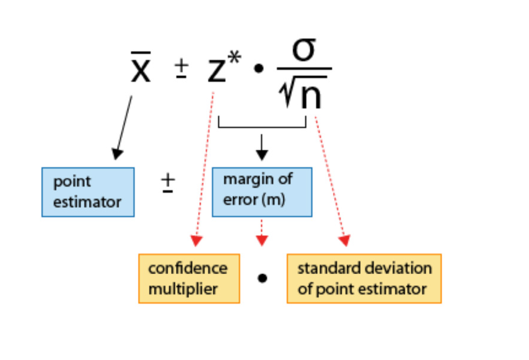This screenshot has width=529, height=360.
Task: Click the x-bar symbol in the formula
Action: coord(141,67)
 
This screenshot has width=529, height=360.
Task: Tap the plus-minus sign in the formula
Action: coord(181,68)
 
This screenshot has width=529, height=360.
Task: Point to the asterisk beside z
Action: coord(234,57)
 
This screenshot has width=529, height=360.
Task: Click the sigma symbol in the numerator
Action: coord(304,50)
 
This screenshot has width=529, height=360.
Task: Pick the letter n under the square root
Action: coord(311,96)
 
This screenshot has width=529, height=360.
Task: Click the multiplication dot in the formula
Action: coord(259,68)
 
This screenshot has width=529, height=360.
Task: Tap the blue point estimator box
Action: coord(88,192)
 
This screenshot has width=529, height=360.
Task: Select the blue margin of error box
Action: coord(262,192)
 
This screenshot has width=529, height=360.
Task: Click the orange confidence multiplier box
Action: coord(189,279)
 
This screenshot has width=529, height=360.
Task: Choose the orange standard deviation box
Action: coord(364,279)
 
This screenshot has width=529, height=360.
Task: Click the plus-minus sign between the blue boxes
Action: coord(168,183)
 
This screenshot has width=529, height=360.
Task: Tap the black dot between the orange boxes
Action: coord(262,278)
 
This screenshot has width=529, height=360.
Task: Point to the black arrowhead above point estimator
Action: coord(116,154)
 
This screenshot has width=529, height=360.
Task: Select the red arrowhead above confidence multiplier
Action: coord(196,241)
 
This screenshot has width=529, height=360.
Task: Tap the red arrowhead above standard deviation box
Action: coord(345,241)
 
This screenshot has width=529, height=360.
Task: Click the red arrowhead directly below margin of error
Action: coord(262,241)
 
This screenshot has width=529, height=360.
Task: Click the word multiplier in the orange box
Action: coord(183,289)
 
